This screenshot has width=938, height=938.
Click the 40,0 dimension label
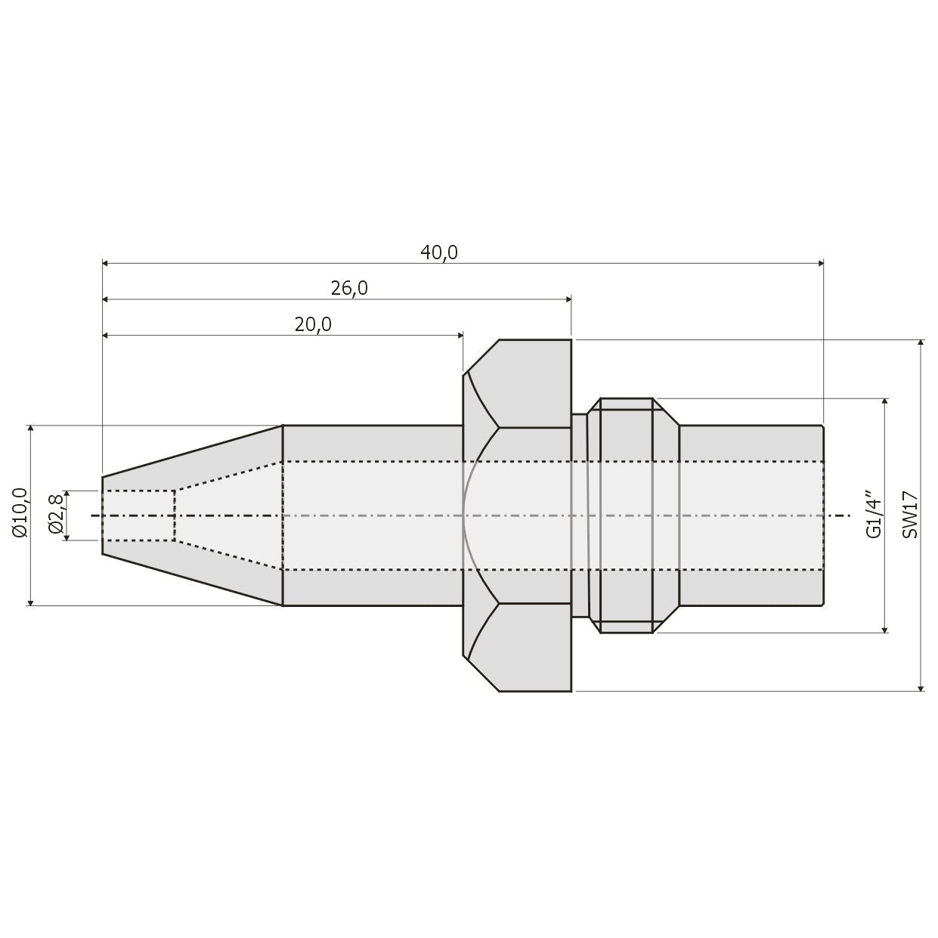point(439,252)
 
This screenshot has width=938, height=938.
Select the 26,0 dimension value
point(349,289)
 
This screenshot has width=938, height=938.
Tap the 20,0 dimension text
point(313,325)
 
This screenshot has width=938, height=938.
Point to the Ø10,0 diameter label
point(20,514)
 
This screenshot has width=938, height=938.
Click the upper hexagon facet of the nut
point(533,383)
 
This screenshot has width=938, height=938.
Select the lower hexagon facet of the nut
point(533,647)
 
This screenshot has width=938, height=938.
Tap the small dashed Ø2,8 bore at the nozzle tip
point(138,515)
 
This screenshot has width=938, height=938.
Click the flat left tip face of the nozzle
point(103,515)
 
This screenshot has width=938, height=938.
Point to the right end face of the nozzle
point(823,515)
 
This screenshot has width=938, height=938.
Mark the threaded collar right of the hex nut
point(627,515)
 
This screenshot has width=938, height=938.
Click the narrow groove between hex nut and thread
point(579,515)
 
